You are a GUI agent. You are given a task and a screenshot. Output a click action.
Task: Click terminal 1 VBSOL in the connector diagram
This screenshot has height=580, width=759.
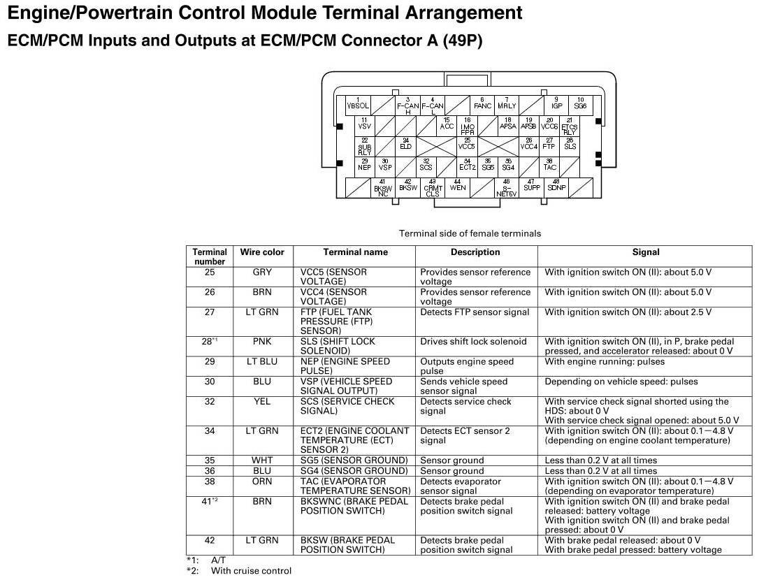[x=358, y=105]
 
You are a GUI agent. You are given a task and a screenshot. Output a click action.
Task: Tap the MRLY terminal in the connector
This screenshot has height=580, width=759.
[x=507, y=104]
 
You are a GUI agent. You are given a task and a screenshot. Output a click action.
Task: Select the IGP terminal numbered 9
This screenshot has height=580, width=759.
[x=556, y=104]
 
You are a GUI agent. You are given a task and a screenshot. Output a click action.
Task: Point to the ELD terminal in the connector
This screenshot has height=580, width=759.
[x=405, y=145]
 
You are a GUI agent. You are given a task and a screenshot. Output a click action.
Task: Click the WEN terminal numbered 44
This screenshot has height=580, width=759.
[x=458, y=186]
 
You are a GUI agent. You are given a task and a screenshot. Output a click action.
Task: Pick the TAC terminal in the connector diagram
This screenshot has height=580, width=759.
[x=550, y=166]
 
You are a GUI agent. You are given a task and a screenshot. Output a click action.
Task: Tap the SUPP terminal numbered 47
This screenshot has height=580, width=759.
[x=532, y=186]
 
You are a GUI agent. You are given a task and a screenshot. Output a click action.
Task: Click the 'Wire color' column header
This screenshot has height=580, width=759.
[x=262, y=252]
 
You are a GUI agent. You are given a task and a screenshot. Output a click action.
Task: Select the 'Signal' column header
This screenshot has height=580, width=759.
[x=645, y=252]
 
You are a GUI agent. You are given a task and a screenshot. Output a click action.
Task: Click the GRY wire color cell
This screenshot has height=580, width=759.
[x=262, y=272]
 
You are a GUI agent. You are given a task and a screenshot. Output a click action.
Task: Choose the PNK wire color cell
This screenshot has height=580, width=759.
[x=262, y=342]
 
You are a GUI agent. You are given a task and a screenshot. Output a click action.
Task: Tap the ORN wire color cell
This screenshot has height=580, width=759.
[x=262, y=481]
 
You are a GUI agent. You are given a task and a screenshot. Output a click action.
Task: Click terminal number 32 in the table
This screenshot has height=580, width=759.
[x=210, y=402]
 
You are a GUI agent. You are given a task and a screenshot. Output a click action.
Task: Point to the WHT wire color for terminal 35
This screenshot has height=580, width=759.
[x=262, y=461]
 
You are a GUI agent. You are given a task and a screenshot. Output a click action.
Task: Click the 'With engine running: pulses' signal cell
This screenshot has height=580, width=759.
[x=605, y=362]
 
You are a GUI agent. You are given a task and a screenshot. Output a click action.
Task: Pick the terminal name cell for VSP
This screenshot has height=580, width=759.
[x=346, y=386]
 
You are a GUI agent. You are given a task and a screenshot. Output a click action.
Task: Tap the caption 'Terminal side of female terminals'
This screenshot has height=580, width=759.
[x=470, y=233]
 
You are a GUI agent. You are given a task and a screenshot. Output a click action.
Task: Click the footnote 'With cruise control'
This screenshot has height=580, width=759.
[x=251, y=571]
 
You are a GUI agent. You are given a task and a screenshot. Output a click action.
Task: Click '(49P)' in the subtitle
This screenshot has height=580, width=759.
[x=462, y=41]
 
